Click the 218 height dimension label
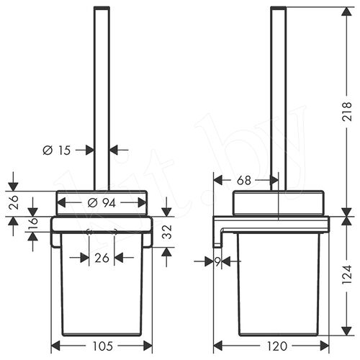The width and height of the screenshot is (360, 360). click(347, 112)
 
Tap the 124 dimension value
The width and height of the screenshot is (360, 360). click(347, 275)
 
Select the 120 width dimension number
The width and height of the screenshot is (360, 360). click(276, 346)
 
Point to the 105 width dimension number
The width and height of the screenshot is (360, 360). click(103, 346)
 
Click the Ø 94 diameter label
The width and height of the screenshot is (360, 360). click(102, 203)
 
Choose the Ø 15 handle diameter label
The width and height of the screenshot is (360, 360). click(57, 150)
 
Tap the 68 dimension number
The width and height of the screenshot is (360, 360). click(244, 180)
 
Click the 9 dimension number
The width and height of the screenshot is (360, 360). click(217, 262)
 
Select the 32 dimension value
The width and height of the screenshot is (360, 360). click(168, 232)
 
